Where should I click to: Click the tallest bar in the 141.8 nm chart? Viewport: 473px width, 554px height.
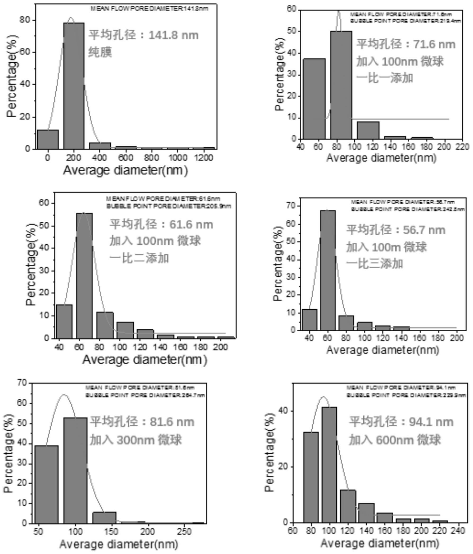74,86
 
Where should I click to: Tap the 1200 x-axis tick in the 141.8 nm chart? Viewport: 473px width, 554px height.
204,158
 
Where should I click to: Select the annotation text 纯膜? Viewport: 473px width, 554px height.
100,52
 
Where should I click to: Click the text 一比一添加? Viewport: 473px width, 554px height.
385,78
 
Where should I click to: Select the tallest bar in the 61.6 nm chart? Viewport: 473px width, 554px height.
84,275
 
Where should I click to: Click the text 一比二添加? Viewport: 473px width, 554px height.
139,258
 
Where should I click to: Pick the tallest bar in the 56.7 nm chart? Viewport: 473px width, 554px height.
328,270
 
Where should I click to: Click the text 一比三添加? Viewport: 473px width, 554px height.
375,264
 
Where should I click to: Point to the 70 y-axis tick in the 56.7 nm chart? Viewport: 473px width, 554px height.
291,206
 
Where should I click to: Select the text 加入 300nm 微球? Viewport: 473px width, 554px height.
136,440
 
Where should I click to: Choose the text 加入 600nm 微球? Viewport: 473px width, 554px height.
394,440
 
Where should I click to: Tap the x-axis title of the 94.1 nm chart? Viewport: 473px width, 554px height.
380,543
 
